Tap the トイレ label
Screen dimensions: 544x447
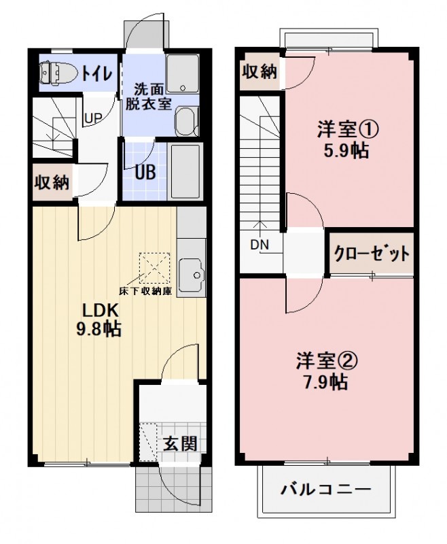[x=99, y=73]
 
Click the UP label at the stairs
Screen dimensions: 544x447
[x=93, y=118]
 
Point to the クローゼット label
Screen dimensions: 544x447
[x=371, y=254]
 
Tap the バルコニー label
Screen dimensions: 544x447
[x=326, y=490]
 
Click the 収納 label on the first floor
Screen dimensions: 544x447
[x=52, y=182]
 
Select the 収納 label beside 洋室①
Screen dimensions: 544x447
[x=260, y=71]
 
